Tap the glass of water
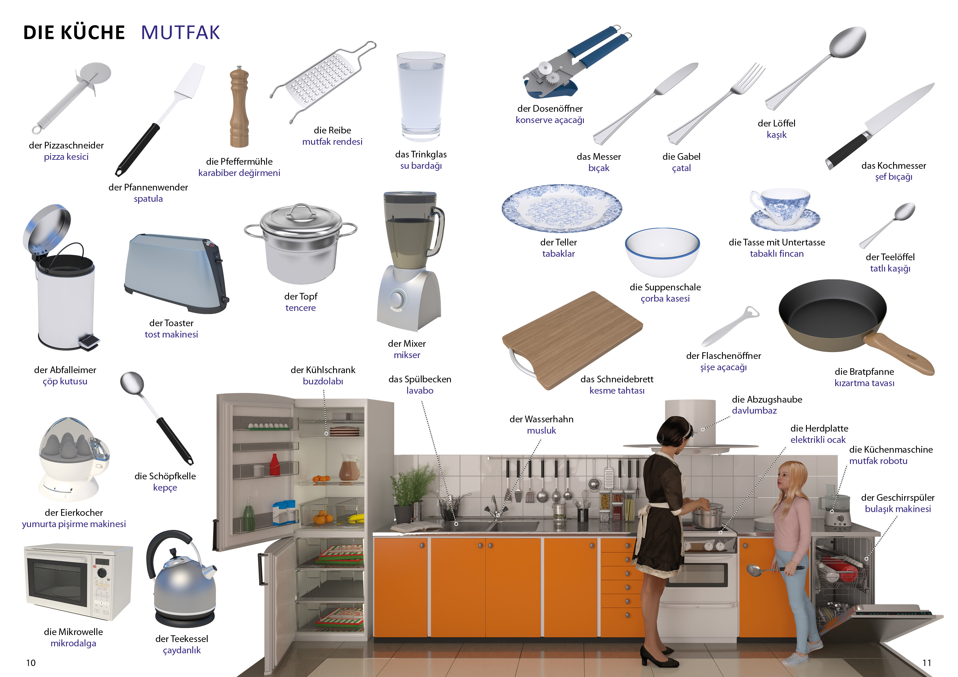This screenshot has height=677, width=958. pyautogui.click(x=421, y=97)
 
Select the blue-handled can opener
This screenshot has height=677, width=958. pyautogui.click(x=572, y=63)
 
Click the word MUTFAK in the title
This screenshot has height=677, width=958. pyautogui.click(x=180, y=32)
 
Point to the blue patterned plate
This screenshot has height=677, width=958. pyautogui.click(x=562, y=208)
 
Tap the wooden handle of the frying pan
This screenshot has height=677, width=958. pyautogui.click(x=899, y=353)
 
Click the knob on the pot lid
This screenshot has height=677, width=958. pyautogui.click(x=301, y=207)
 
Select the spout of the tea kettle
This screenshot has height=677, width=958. pyautogui.click(x=209, y=570)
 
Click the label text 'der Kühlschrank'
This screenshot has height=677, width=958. pyautogui.click(x=323, y=370)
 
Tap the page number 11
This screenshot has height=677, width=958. pyautogui.click(x=926, y=663)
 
